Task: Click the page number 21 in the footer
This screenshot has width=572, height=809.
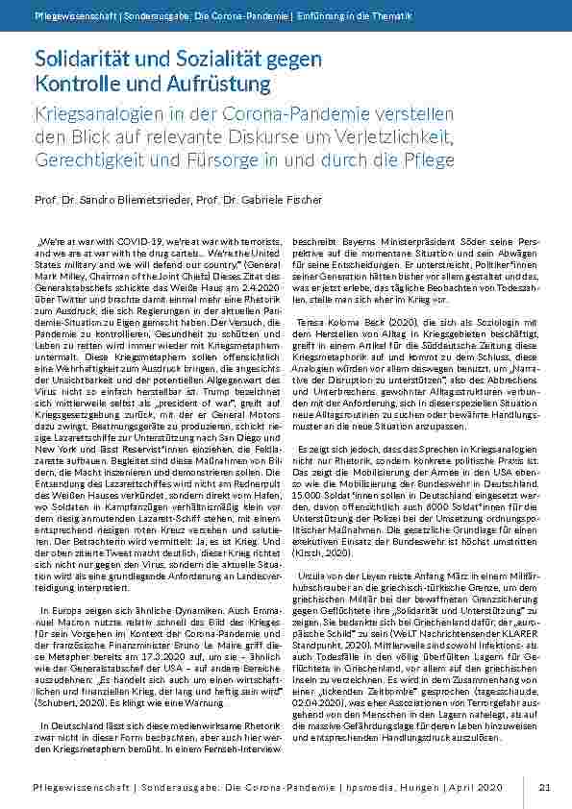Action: [x=544, y=787]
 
